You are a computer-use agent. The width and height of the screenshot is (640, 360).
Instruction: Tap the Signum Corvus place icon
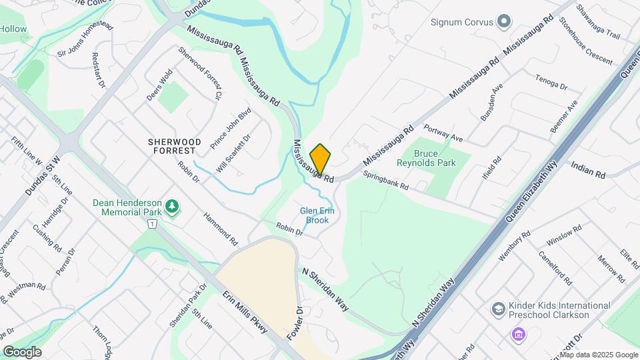click(x=503, y=22)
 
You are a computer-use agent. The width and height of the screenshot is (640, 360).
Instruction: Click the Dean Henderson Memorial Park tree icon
click(x=173, y=207)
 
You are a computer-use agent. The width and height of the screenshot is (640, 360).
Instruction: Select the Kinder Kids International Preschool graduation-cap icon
click(x=498, y=309)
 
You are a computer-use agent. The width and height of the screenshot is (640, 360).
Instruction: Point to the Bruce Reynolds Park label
click(x=426, y=158)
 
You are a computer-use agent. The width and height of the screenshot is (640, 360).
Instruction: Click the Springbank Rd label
click(x=385, y=181)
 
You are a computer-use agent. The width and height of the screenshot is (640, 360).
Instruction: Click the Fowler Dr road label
click(x=299, y=321)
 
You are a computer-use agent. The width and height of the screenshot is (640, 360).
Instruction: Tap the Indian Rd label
click(x=587, y=169)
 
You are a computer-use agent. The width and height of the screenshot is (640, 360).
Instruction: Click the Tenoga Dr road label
click(x=551, y=82)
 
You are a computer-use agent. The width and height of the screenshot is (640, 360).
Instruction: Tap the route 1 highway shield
click(x=153, y=225)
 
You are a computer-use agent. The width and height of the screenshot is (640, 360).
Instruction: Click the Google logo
click(x=22, y=351)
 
